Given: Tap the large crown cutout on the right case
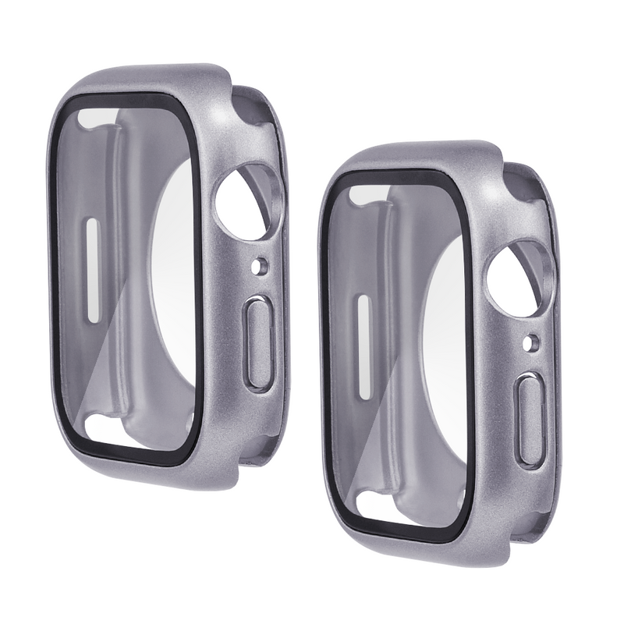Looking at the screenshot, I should pos(512,279).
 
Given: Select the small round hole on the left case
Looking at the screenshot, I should pos(259,268).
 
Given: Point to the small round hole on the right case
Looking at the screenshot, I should pos(531,341).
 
